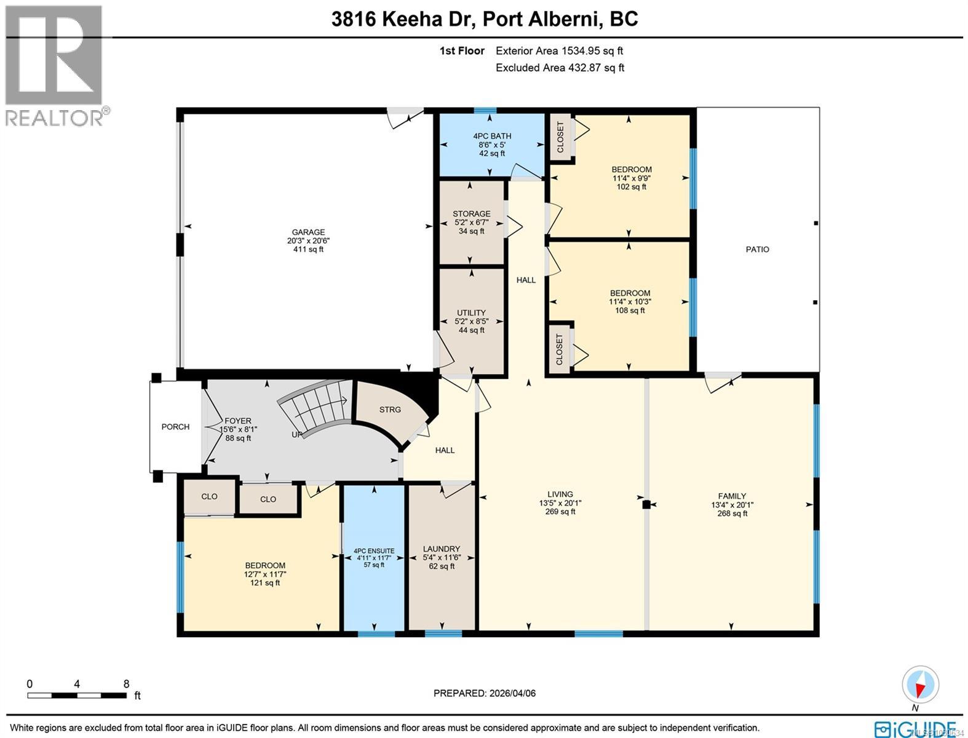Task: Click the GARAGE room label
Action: [x=308, y=233]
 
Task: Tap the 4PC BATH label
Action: [x=492, y=137]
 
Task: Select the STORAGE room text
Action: [x=472, y=214]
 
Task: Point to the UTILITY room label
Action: [x=472, y=313]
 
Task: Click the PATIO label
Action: [x=757, y=250]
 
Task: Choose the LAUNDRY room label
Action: [x=442, y=549]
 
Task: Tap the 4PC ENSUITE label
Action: [x=374, y=551]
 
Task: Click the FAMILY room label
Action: [x=732, y=496]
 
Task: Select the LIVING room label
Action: [x=560, y=494]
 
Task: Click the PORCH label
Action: [x=175, y=427]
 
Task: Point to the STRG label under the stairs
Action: [x=390, y=410]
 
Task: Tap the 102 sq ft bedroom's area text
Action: [x=632, y=187]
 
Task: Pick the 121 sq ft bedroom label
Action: [x=265, y=566]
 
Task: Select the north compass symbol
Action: [x=920, y=684]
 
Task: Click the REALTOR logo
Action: [x=54, y=65]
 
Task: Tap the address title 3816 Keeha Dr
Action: [x=484, y=19]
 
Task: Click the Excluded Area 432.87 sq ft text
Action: [x=560, y=68]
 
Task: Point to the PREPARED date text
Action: [x=485, y=693]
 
